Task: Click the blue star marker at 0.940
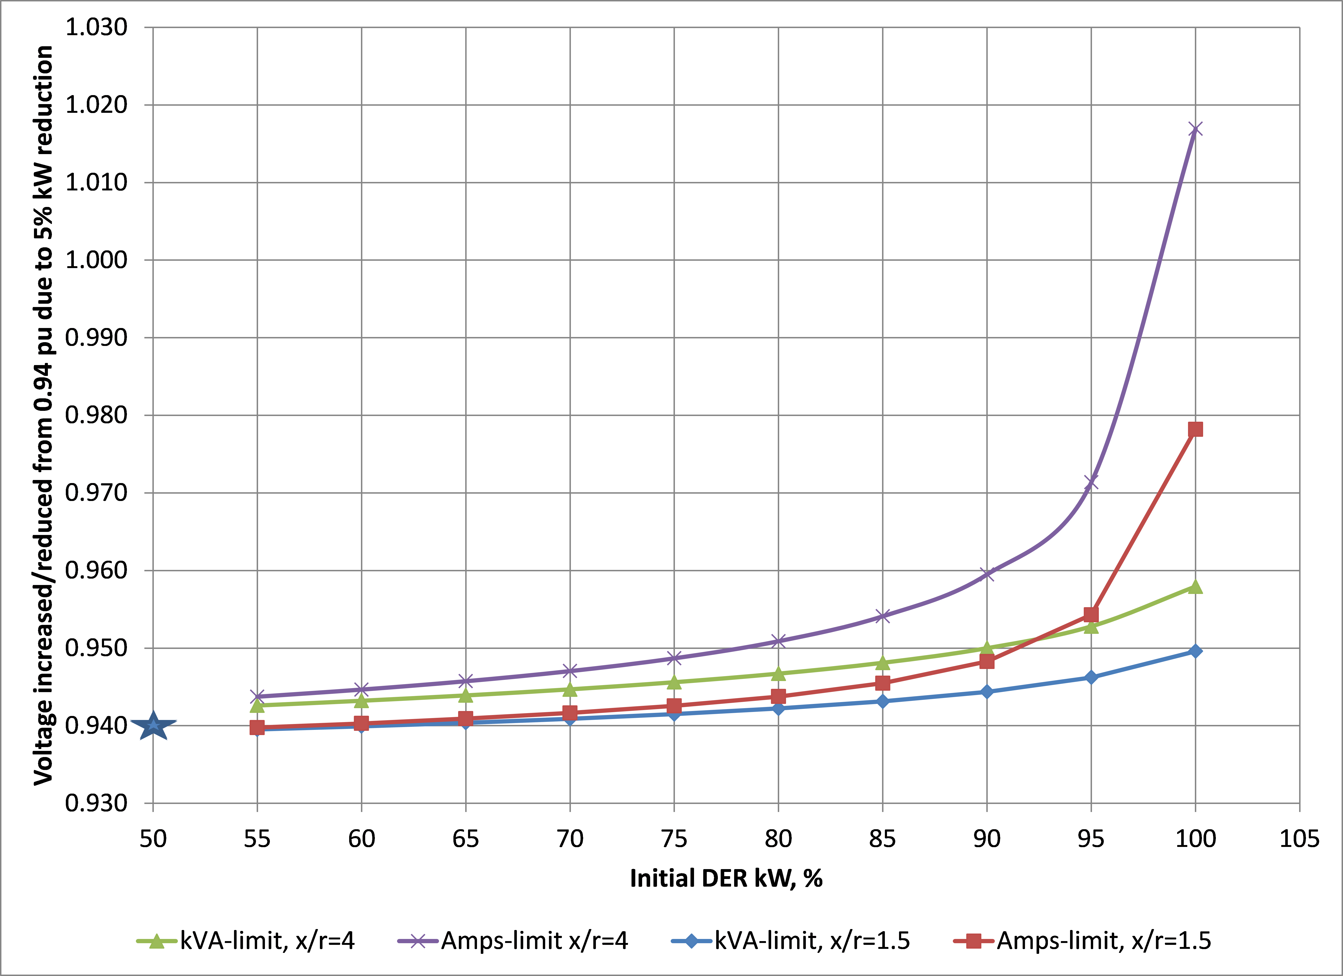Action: click(x=153, y=725)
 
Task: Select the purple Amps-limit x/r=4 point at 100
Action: click(x=1195, y=129)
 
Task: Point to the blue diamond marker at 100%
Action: click(x=1195, y=651)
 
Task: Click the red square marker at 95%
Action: click(x=1091, y=614)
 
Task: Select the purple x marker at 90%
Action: click(x=987, y=574)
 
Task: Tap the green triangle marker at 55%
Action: click(x=257, y=705)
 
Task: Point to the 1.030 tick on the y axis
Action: click(x=96, y=27)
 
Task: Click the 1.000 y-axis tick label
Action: click(x=96, y=260)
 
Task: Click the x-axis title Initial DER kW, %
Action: click(x=726, y=878)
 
